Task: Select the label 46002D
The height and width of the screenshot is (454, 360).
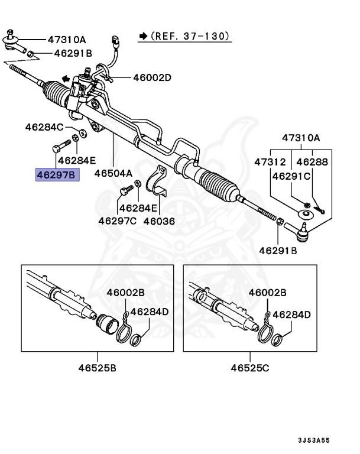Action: pyautogui.click(x=151, y=77)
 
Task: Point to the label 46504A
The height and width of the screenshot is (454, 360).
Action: pyautogui.click(x=114, y=174)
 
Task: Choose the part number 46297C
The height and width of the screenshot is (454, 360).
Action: pyautogui.click(x=117, y=220)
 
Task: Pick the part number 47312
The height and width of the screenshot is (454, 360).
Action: pyautogui.click(x=270, y=161)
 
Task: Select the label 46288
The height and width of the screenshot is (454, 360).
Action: pyautogui.click(x=312, y=161)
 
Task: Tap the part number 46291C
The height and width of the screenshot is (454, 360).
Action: pyautogui.click(x=291, y=176)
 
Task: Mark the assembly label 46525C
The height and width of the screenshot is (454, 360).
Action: pyautogui.click(x=249, y=368)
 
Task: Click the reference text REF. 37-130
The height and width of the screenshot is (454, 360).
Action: pyautogui.click(x=190, y=37)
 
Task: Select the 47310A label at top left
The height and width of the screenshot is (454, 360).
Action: pyautogui.click(x=67, y=40)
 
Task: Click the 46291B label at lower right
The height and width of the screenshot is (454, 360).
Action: pyautogui.click(x=278, y=251)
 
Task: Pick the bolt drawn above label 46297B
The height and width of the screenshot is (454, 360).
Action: pyautogui.click(x=57, y=144)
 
